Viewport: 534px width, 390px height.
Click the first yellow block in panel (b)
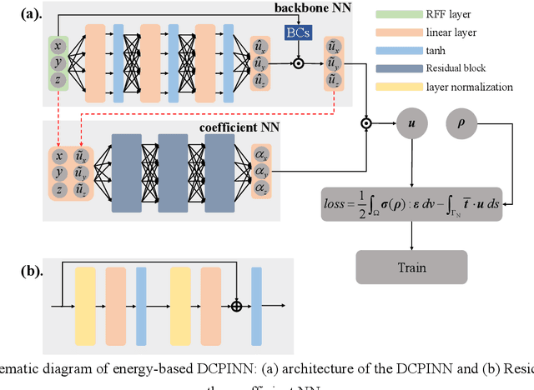pos(86,295)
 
